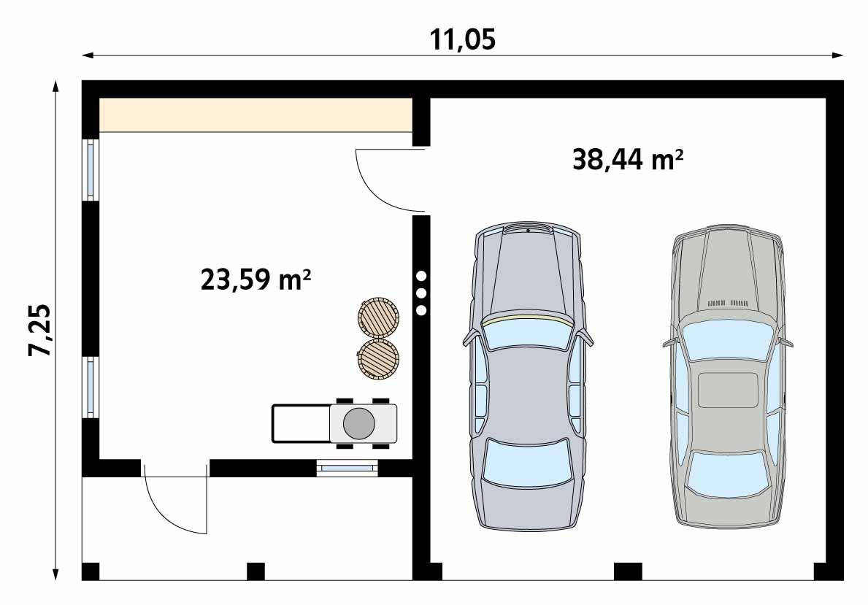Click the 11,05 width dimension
pos(463,39)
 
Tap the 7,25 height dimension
pos(41,329)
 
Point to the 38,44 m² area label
pos(628,159)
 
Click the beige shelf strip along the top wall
pos(255,115)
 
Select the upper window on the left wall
pos(91,169)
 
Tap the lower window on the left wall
pos(91,387)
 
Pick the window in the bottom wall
pos(347,468)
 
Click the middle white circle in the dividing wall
pos(421,293)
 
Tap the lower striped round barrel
pos(378,358)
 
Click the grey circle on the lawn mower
pos(358,423)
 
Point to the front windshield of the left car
pos(526,335)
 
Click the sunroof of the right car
pos(728,390)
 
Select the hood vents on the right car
pos(727,302)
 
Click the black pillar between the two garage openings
pos(628,571)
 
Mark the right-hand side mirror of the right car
pos(786,342)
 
